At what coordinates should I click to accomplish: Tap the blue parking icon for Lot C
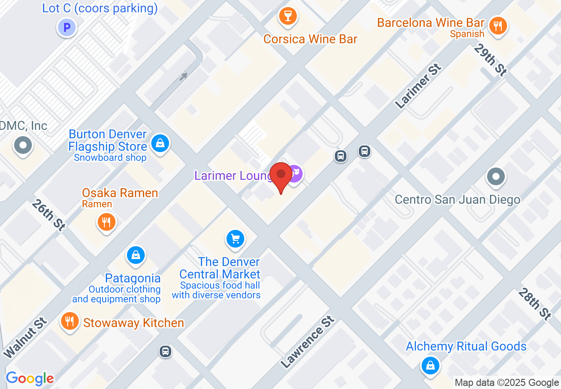coord(67,28)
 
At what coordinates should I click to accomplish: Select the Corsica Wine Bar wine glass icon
coord(288,17)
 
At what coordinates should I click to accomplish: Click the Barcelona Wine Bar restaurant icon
coord(498,25)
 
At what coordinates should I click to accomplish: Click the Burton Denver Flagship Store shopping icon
coord(160,143)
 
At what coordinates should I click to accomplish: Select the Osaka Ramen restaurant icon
coord(106,221)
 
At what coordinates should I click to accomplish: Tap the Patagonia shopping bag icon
coord(136,255)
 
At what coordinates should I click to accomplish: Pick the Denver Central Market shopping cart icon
coord(235,239)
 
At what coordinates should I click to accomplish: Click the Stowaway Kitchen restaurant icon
coord(69,321)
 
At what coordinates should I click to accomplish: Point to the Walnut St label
coord(25,337)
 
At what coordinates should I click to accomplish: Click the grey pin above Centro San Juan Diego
coord(496,177)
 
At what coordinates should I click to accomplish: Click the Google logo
coord(30,378)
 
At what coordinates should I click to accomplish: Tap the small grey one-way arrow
coord(183,76)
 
